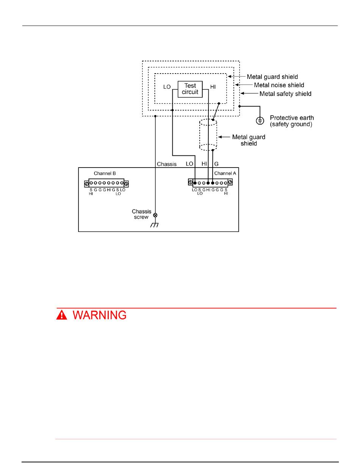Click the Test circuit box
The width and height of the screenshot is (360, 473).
[x=190, y=89]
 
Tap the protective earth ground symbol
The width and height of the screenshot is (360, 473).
[x=260, y=121]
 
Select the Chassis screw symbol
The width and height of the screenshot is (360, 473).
[x=155, y=215]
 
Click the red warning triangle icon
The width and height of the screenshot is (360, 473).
[x=61, y=315]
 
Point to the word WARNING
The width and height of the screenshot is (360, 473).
[x=100, y=315]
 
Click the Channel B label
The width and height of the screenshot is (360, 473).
[x=105, y=173]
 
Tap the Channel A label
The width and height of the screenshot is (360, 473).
[x=223, y=173]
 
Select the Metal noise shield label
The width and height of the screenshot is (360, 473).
[x=279, y=85]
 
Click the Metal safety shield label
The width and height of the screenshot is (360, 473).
[x=285, y=94]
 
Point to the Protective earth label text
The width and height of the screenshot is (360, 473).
[x=291, y=118]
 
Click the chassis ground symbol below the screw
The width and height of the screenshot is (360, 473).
[x=155, y=225]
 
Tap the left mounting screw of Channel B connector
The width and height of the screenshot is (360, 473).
[x=86, y=183]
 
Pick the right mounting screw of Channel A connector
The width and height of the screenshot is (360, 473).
[x=230, y=182]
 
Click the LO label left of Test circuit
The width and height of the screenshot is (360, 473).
[x=167, y=87]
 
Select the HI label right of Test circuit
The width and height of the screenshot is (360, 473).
[x=213, y=87]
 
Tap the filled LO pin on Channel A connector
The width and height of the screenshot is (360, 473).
[x=195, y=183]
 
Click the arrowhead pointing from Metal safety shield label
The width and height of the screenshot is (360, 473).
[x=243, y=94]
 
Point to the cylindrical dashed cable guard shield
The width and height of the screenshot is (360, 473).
[x=208, y=135]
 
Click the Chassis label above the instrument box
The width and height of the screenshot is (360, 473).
[x=167, y=164]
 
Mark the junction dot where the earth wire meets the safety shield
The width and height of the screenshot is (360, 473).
[x=239, y=106]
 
